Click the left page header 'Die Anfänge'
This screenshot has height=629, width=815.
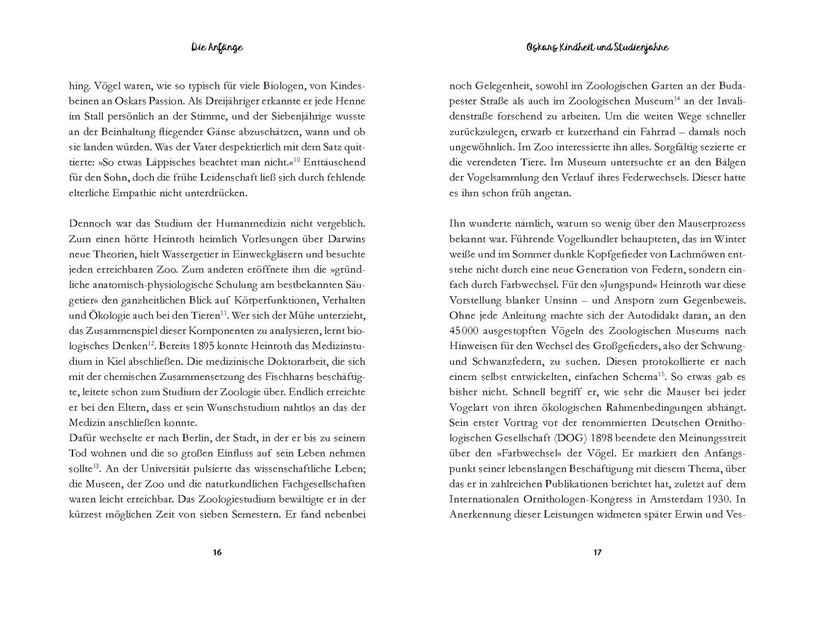[x=216, y=47]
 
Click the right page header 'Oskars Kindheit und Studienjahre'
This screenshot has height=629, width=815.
[x=597, y=47]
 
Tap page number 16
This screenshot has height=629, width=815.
[x=217, y=553]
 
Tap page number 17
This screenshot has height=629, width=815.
[x=597, y=553]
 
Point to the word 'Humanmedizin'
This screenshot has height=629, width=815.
[x=243, y=224]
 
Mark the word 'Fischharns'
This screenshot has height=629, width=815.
[x=299, y=377]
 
